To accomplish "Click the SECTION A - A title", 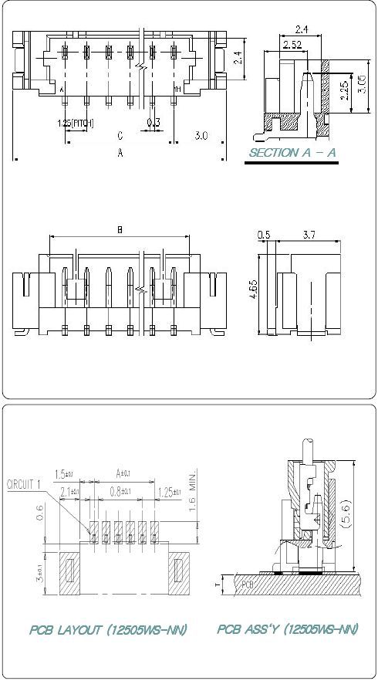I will pyautogui.click(x=292, y=153).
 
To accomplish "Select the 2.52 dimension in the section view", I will pyautogui.click(x=292, y=45).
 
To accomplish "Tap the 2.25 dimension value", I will pyautogui.click(x=343, y=90).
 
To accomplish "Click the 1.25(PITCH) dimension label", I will pyautogui.click(x=76, y=122).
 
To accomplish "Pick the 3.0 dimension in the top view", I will pyautogui.click(x=201, y=135).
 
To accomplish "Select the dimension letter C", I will pyautogui.click(x=120, y=136).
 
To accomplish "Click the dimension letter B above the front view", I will pyautogui.click(x=120, y=229).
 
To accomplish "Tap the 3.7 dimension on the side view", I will pyautogui.click(x=307, y=234).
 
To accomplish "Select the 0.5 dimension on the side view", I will pyautogui.click(x=264, y=234).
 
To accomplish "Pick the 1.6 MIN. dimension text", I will pyautogui.click(x=193, y=486).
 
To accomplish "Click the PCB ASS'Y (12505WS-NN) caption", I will pyautogui.click(x=288, y=629).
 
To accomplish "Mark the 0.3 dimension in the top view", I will pyautogui.click(x=154, y=122).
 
